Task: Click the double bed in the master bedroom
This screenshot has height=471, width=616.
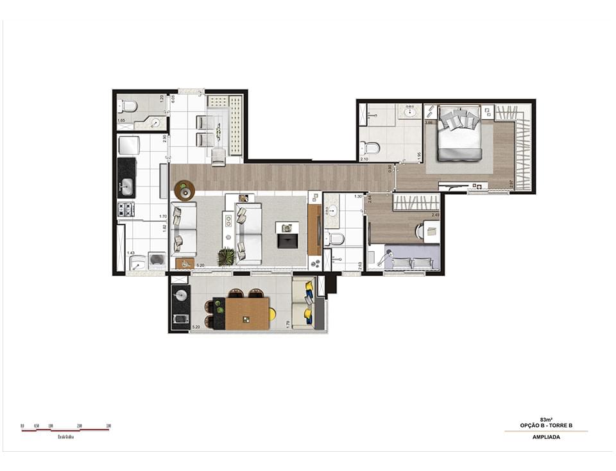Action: (x=459, y=136)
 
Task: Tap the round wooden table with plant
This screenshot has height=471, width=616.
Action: (x=185, y=190)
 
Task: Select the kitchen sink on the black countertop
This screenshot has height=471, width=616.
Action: (x=126, y=186)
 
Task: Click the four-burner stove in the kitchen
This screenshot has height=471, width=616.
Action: (x=126, y=209)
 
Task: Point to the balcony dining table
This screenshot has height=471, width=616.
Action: (x=247, y=314)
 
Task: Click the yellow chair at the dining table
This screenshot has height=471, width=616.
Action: (x=272, y=314)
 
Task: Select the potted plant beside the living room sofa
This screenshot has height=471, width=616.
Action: (x=226, y=256)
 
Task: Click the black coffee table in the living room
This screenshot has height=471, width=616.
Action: (x=287, y=238)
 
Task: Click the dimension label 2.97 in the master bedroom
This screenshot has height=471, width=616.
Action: (x=528, y=183)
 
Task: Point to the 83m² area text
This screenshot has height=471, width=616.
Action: (x=546, y=420)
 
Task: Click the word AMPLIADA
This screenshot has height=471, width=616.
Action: (x=546, y=437)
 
